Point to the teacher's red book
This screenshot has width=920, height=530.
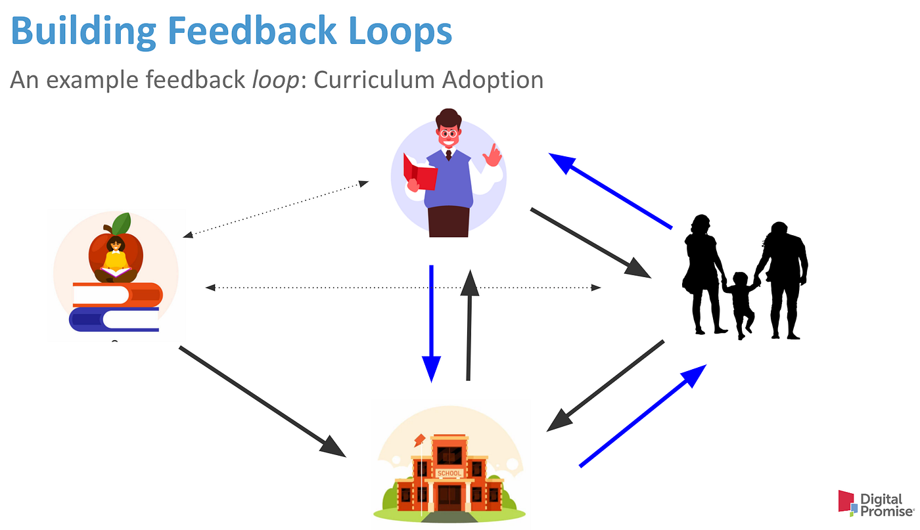pos(420,172)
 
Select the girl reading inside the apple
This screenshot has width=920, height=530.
pos(116,258)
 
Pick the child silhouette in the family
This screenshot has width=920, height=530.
pos(741,302)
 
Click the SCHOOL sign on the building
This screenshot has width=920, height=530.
pos(449,473)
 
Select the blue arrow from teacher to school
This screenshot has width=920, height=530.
pos(431,322)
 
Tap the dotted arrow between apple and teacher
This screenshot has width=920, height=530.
pos(276,210)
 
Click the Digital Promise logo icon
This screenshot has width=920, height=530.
pos(847,502)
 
